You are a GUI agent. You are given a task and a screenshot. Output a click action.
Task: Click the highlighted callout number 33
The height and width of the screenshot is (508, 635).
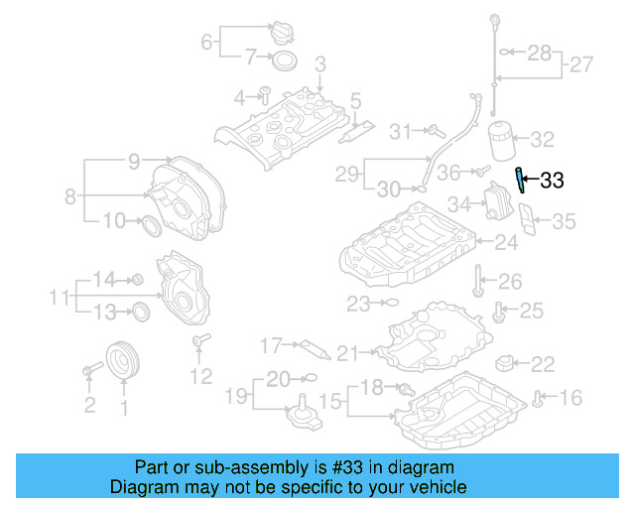click(x=552, y=180)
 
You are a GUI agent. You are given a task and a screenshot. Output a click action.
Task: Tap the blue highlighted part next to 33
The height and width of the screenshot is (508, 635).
click(x=519, y=180)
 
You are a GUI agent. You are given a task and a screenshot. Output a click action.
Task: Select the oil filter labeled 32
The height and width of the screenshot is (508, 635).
click(x=503, y=141)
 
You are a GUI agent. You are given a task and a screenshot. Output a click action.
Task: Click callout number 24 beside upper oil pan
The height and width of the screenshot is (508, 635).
click(x=507, y=242)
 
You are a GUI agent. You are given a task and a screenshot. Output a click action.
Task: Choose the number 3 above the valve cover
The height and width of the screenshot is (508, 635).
click(x=320, y=65)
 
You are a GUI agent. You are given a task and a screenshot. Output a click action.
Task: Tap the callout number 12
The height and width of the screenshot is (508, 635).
click(x=201, y=376)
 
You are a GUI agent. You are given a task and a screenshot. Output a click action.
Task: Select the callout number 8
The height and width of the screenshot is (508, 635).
click(x=70, y=196)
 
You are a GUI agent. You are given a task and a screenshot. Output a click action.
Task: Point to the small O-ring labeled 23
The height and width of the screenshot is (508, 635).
click(x=390, y=302)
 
